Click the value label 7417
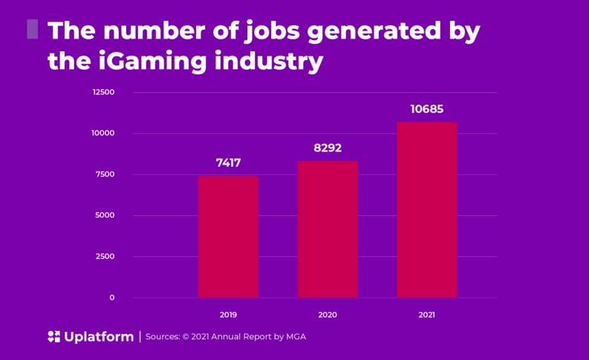point(228,163)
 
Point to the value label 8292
point(328,148)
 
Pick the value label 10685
point(426,109)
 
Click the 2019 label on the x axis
point(228,315)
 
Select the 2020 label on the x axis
point(328,315)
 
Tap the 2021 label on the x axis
point(426,315)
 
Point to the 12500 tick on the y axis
point(103,92)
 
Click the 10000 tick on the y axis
point(103,133)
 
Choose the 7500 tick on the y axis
point(105,174)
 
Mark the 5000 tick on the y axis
point(105,215)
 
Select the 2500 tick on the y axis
point(105,256)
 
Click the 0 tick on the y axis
point(112,298)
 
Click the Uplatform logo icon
point(53,336)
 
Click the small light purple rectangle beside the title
point(33,29)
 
